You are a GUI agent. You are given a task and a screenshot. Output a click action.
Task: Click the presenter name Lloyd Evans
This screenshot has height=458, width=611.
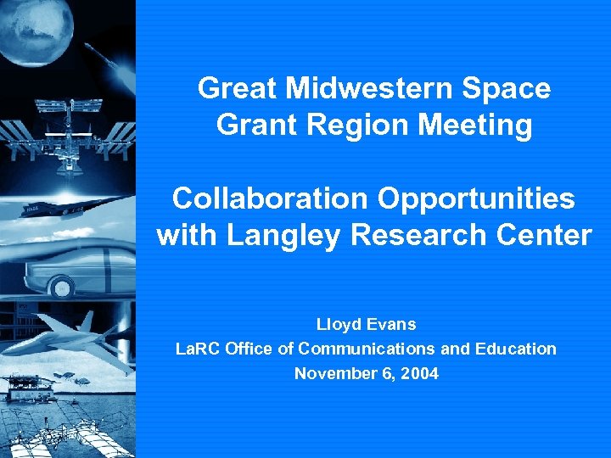click(366, 324)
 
